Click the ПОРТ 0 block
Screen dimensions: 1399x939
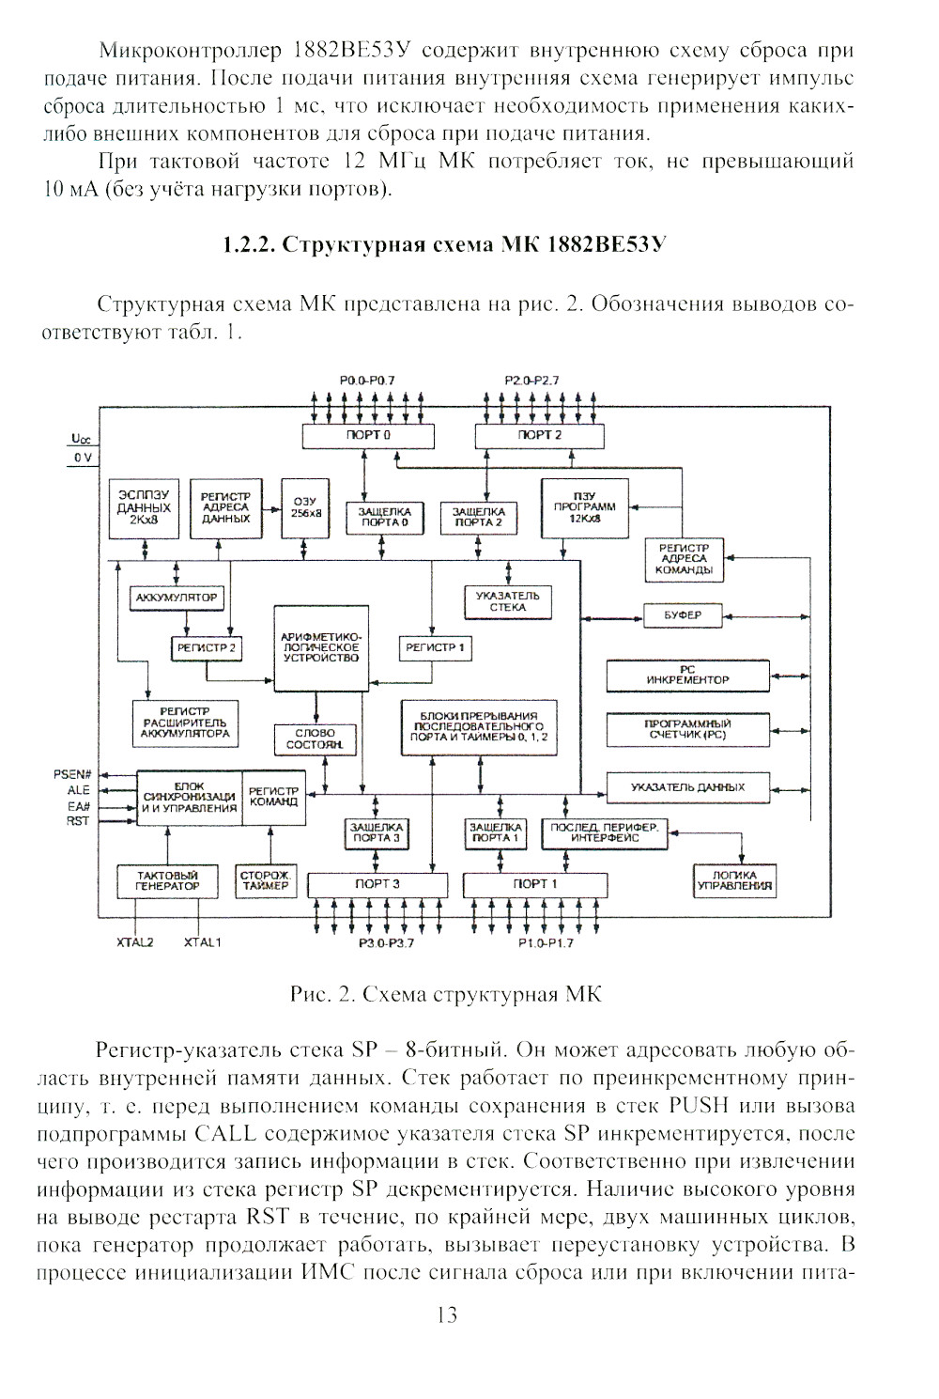coord(368,436)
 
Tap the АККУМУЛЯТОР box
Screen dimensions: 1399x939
coord(177,597)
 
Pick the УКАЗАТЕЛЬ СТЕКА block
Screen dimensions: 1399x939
coord(508,601)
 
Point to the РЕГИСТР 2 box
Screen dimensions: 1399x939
coord(205,647)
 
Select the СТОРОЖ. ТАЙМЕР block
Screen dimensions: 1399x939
coord(266,880)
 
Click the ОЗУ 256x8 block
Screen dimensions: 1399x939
coord(306,508)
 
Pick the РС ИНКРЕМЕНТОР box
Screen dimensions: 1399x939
coord(687,675)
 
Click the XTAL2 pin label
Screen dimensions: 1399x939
coord(135,941)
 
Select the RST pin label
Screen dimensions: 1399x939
coord(78,820)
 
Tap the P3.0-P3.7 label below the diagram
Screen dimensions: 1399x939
coord(385,943)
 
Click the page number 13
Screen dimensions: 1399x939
coord(447,1315)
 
